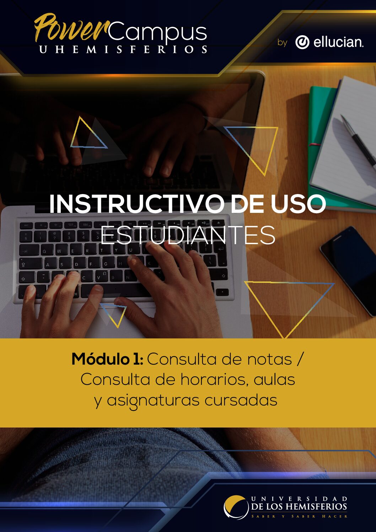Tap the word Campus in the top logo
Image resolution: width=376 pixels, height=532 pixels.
point(157,32)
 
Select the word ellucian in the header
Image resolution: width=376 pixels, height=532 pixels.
point(338,42)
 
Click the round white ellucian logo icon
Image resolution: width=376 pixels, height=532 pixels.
point(302,42)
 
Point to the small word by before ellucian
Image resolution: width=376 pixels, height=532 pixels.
point(282,43)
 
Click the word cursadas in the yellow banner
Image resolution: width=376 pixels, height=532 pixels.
point(241,401)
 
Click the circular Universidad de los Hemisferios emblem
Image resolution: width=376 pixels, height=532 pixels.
point(236,507)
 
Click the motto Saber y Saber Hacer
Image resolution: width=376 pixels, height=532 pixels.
point(299,516)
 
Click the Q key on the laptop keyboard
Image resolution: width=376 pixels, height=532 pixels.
point(44,251)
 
